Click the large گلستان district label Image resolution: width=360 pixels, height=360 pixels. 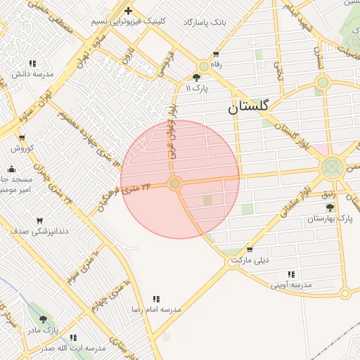click(x=248, y=108)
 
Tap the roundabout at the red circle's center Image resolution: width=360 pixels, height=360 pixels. click(x=176, y=184)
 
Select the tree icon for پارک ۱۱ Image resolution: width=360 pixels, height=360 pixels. click(x=197, y=78)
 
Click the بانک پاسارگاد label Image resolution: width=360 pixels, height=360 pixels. click(x=205, y=22)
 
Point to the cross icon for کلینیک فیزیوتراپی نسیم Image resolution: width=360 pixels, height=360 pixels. click(x=128, y=11)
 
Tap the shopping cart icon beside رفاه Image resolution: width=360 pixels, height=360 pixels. click(x=216, y=54)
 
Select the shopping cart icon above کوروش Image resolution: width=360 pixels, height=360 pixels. click(x=22, y=138)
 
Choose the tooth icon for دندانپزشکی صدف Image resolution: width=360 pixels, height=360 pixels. click(x=39, y=221)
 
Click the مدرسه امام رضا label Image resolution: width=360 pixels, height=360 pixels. click(x=156, y=309)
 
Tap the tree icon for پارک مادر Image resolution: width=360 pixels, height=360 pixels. click(x=43, y=319)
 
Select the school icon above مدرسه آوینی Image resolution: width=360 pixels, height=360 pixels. click(x=291, y=274)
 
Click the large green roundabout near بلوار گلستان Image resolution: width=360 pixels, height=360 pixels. click(x=331, y=168)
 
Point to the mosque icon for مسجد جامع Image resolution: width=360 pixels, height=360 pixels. click(x=11, y=169)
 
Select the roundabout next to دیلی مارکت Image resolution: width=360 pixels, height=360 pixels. click(x=233, y=262)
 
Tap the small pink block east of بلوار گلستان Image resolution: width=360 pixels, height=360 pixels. click(x=319, y=149)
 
